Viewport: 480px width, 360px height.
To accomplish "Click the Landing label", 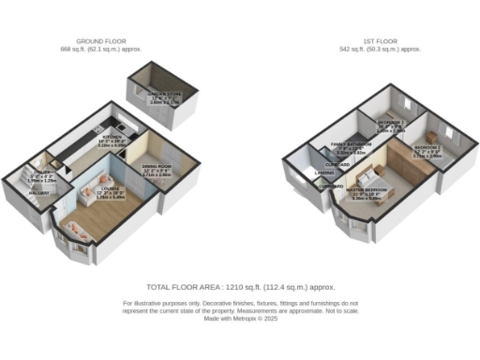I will pyautogui.click(x=325, y=173).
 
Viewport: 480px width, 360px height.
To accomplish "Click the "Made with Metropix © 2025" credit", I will pyautogui.click(x=240, y=319).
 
